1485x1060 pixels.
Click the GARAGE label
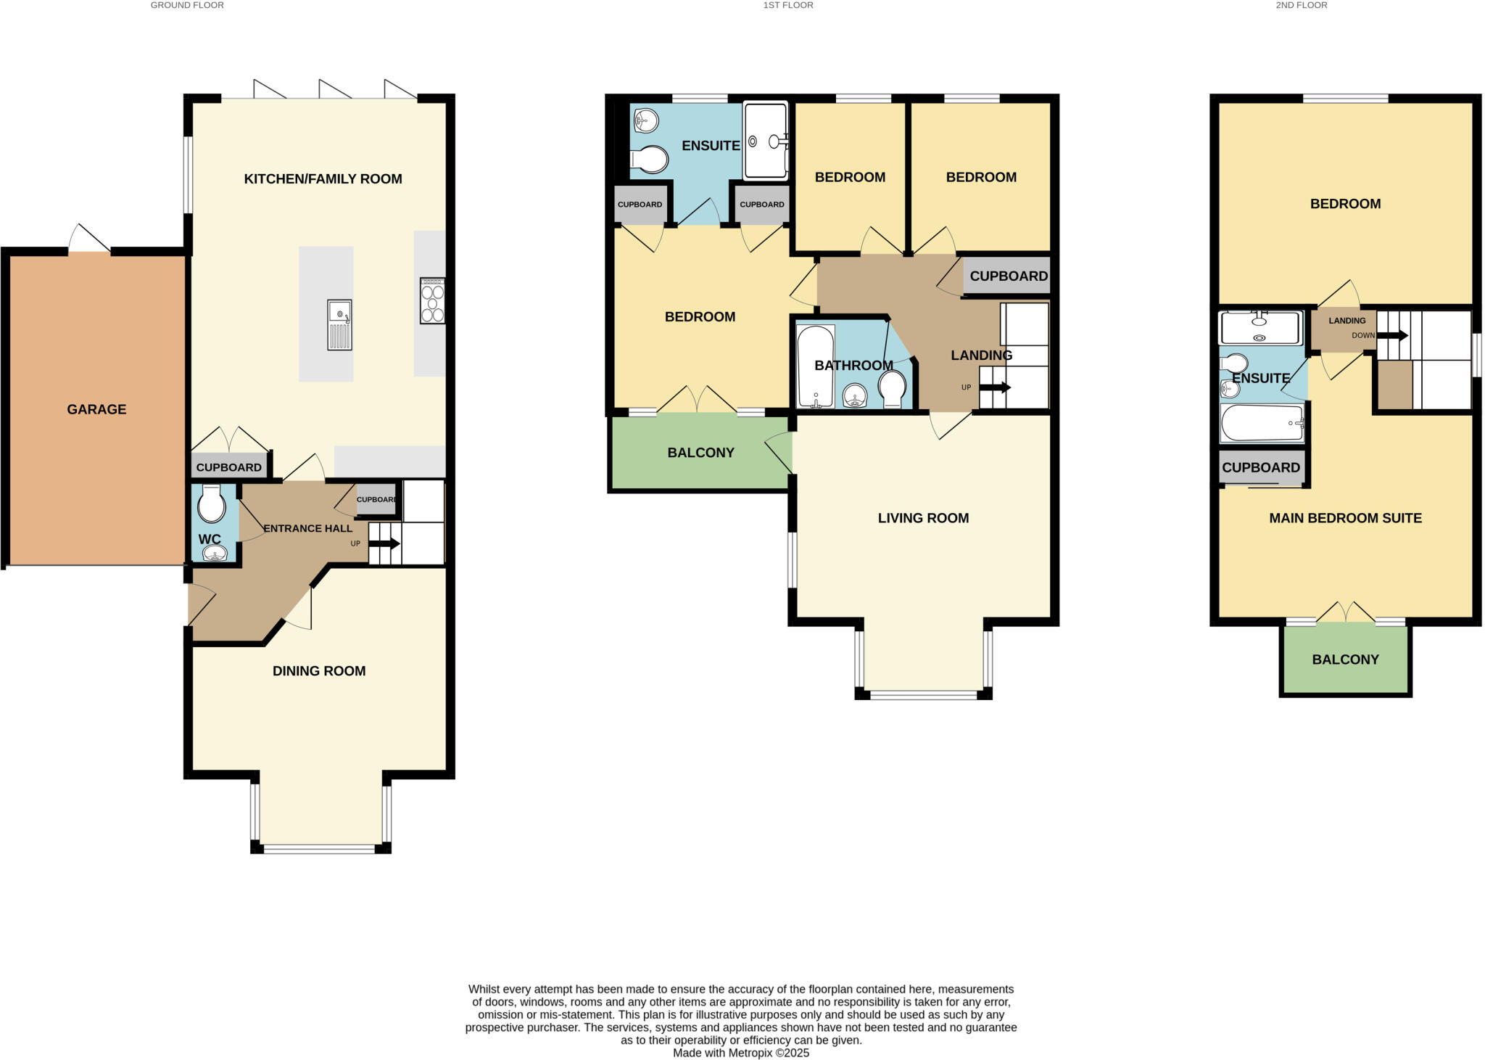coord(96,409)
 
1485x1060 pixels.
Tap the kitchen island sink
coord(339,325)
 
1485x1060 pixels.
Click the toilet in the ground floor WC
coord(212,504)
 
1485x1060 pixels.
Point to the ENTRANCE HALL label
coord(307,528)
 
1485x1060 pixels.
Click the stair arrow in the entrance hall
coord(385,543)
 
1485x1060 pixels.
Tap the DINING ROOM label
coord(319,671)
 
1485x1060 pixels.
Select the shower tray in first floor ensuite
coord(765,141)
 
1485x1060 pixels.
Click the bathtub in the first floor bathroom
coord(815,366)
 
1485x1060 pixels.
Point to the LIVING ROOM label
coord(923,518)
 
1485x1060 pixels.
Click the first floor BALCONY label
coord(700,453)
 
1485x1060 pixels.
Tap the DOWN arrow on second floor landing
coord(1391,335)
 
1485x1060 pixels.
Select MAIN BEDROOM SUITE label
coord(1345,518)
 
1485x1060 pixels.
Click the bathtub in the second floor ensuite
coord(1262,423)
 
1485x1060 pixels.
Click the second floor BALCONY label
coord(1345,660)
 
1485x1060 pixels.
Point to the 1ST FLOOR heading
coord(788,5)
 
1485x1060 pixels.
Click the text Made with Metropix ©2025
coord(740,1053)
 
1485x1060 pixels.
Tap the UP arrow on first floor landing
coord(995,387)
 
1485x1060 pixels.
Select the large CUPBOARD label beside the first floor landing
coord(1008,276)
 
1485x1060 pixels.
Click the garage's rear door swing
coord(90,237)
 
